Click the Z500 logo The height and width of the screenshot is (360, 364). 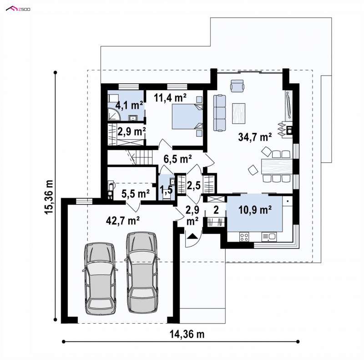tap(18, 9)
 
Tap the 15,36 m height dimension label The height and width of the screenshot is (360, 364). tap(50, 197)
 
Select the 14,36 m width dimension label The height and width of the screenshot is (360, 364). tap(187, 335)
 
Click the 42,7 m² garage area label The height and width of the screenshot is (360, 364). tap(122, 220)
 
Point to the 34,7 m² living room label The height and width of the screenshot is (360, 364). tap(255, 137)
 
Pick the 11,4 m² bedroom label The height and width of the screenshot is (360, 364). tap(170, 98)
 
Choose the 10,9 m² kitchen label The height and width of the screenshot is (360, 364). tap(255, 210)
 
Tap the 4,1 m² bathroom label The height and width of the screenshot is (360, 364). tap(129, 106)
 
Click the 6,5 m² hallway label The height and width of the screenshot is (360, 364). tap(177, 159)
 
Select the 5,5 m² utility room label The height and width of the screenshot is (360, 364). tap(136, 193)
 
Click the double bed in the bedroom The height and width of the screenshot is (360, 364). tap(187, 117)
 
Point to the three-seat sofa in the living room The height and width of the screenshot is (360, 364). tap(219, 113)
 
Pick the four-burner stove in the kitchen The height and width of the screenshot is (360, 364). tap(244, 237)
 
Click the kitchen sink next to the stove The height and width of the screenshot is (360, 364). tap(269, 237)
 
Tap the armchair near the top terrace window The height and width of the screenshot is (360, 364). tap(237, 86)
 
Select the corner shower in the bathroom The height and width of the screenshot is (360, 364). tap(113, 115)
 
